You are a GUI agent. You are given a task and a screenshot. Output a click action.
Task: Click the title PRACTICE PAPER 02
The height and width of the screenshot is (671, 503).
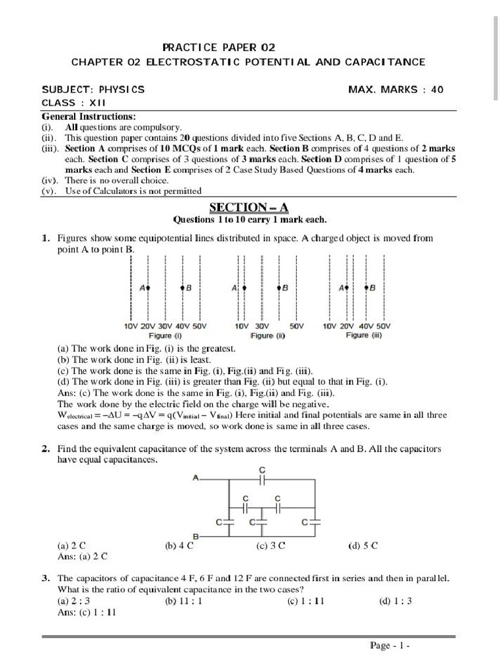click(x=219, y=47)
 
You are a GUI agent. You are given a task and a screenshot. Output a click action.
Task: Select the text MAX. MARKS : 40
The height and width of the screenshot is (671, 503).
click(x=396, y=89)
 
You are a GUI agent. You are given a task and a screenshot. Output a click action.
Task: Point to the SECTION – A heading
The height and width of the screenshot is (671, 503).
click(x=249, y=208)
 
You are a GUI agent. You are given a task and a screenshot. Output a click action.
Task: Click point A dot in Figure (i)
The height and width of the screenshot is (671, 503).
click(x=149, y=288)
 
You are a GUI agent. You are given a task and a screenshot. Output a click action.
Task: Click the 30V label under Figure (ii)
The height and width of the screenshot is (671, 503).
click(x=262, y=326)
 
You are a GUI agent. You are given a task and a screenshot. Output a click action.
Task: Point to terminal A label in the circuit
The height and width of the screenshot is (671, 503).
click(x=195, y=479)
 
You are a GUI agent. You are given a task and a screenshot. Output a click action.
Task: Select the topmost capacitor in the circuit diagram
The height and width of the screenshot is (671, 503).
click(x=262, y=480)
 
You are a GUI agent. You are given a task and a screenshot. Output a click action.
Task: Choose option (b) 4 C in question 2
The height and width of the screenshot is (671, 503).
click(x=179, y=545)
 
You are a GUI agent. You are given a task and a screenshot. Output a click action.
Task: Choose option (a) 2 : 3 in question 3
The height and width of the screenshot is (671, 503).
click(x=73, y=600)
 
